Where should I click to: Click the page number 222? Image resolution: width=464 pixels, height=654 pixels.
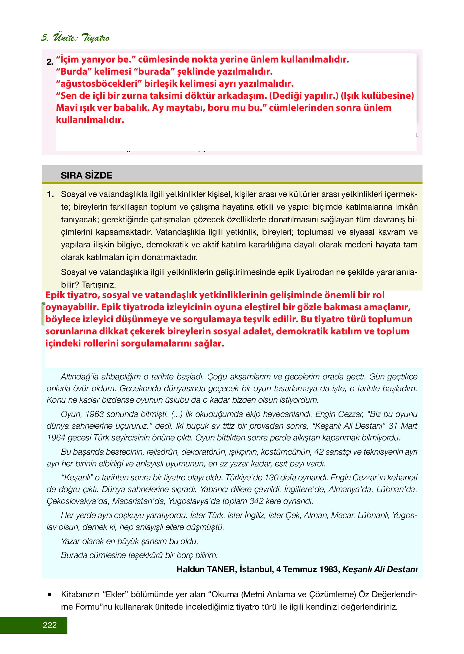point(50,625)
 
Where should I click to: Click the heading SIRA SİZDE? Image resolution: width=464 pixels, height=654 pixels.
point(86,175)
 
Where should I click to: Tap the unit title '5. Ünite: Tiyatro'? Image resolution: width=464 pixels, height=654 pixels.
point(75,37)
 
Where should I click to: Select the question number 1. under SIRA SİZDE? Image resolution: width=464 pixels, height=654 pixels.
point(50,194)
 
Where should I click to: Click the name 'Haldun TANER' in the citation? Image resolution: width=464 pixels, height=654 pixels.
point(206,569)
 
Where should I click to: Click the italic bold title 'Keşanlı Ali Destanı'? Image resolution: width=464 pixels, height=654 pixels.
point(380,569)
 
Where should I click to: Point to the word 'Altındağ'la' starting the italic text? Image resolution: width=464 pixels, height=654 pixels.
point(79,377)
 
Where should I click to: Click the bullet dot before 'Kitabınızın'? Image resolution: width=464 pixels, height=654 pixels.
point(50,594)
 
